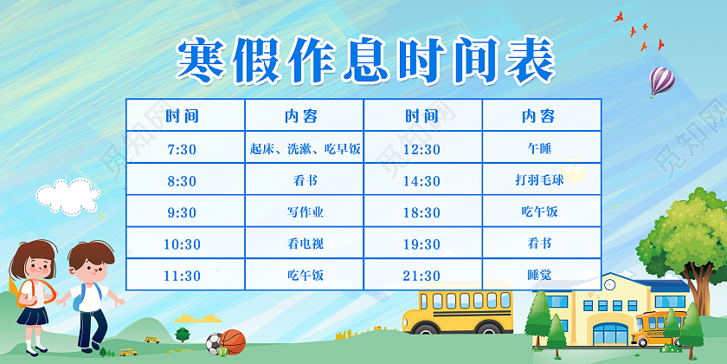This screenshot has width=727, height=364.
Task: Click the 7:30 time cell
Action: click(183, 149)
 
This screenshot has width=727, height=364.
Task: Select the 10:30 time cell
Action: click(183, 244)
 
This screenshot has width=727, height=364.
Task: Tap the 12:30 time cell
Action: click(422, 149)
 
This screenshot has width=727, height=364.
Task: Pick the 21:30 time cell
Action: click(422, 276)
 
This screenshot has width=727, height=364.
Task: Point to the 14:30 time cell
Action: click(422, 181)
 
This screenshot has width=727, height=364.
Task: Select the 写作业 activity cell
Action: click(305, 212)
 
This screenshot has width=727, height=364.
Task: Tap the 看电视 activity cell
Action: click(305, 244)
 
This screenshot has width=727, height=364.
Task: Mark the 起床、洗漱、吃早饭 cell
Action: click(305, 149)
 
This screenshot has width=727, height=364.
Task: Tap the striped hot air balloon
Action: click(661, 81)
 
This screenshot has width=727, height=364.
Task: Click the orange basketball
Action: click(233, 342)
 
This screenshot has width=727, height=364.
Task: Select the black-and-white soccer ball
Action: click(214, 344)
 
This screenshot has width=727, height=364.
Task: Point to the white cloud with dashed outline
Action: click(65, 196)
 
